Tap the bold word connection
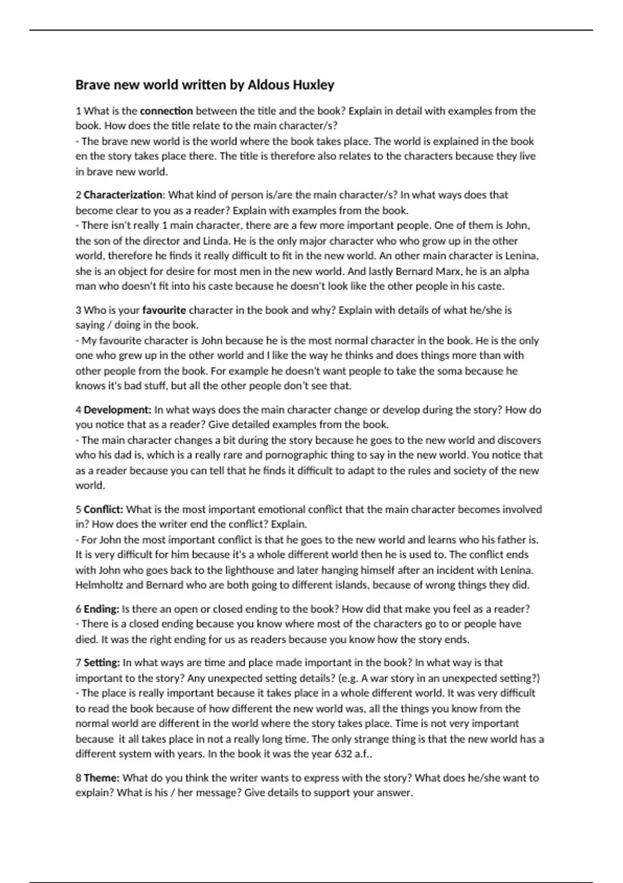click(166, 111)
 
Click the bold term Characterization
click(123, 195)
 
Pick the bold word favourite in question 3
click(164, 310)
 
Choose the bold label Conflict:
click(103, 510)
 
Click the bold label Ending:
click(101, 609)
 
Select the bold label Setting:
click(102, 663)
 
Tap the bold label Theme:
click(101, 778)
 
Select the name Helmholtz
click(99, 585)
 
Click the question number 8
click(78, 778)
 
